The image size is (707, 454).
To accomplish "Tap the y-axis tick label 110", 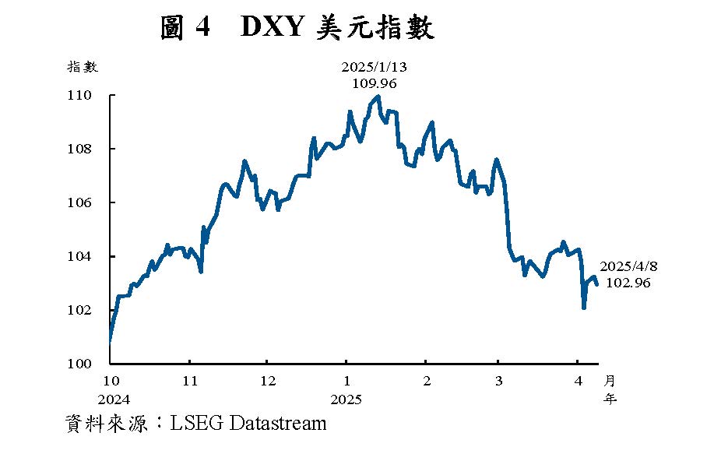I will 81,95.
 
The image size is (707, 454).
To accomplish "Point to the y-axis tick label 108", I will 81,149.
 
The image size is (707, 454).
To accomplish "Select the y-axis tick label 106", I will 81,202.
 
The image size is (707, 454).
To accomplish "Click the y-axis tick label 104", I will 81,256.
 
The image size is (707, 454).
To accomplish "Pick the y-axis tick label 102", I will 81,310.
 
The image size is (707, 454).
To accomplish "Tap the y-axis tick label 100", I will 81,364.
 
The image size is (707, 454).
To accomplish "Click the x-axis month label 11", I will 190,381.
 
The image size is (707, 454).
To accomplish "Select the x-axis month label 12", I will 268,381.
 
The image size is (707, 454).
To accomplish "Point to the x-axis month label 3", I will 499,381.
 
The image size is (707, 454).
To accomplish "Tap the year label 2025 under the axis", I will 346,399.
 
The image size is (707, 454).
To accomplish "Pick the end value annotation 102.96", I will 628,283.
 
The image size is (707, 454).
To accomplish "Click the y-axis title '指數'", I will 83,67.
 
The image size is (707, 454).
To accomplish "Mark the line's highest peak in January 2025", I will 378,97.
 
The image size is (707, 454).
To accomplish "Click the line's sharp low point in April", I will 583,308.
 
